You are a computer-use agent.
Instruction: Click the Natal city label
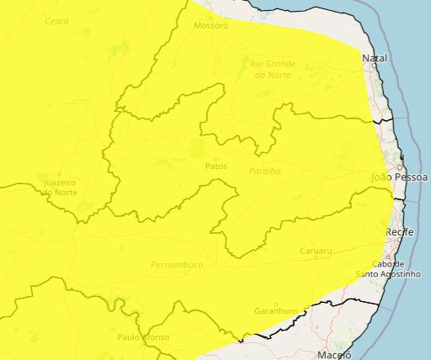tap(374, 58)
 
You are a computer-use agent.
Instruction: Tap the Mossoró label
tap(210, 25)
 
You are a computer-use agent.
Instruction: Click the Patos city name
tap(215, 166)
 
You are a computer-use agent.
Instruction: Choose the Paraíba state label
tap(264, 171)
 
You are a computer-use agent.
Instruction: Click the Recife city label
tap(400, 231)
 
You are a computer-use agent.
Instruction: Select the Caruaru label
tap(316, 251)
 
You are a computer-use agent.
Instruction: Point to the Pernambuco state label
tap(177, 265)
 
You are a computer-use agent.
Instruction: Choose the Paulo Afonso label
tap(143, 336)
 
